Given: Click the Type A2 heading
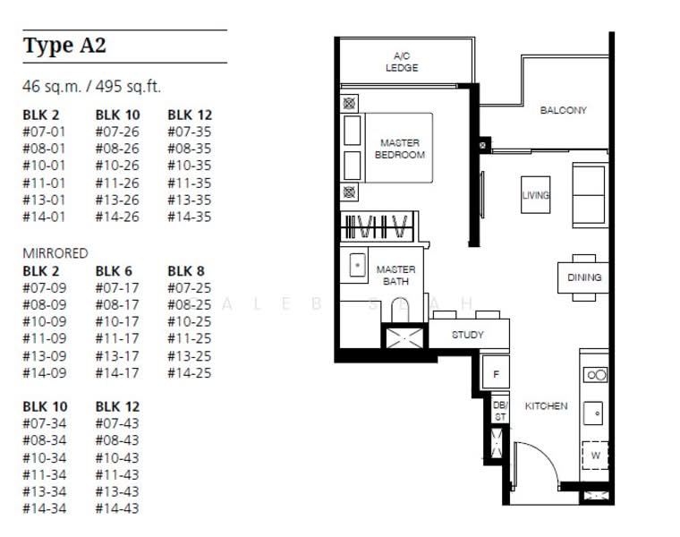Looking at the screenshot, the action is coord(64,46).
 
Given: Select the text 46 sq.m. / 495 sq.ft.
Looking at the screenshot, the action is coord(91,86).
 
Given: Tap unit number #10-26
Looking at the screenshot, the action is coord(117,166).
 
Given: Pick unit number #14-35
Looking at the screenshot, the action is coord(190,217).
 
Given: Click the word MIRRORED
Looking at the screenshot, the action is coord(55,253).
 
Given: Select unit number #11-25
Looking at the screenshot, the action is coord(190,338).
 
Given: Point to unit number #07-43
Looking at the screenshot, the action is coord(117,423).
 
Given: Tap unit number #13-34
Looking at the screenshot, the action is coord(45,491).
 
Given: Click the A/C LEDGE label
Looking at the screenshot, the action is coord(402,62).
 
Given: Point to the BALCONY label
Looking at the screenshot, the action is coord(564,110).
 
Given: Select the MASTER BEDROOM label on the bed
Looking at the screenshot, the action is coord(400,149).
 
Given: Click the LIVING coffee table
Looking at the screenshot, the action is coord(536,195).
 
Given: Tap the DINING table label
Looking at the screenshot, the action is coord(584,277).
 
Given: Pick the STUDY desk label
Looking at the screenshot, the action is coord(467,335).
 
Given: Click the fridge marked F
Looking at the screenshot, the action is coord(496,373).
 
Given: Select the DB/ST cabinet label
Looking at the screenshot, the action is coord(499,410).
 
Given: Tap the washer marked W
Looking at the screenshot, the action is coord(595,455).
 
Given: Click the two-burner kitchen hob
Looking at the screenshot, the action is coord(595,375).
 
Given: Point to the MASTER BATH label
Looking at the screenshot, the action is coord(395,276).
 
